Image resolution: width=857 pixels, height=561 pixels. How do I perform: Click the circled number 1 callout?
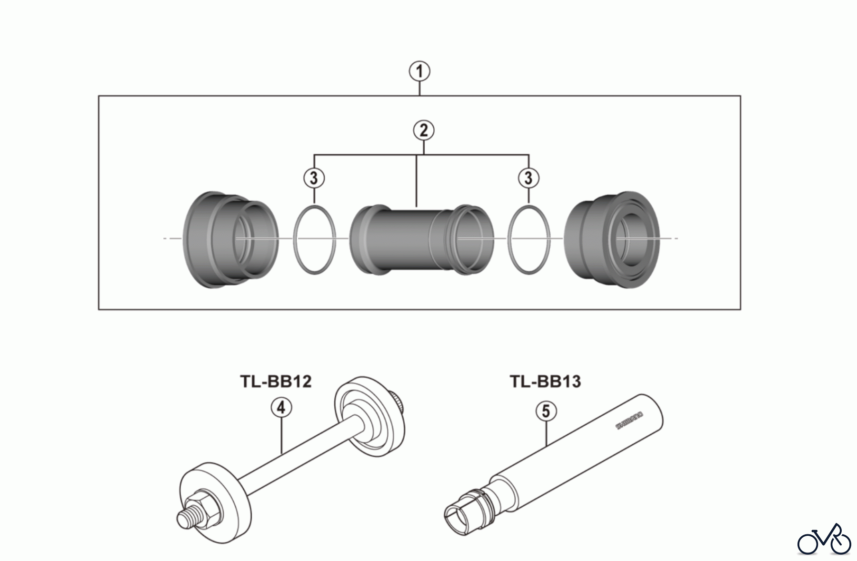click(x=419, y=72)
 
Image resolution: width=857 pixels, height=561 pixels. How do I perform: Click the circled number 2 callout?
click(x=424, y=130)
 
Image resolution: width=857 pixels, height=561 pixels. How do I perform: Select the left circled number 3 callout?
click(x=314, y=178)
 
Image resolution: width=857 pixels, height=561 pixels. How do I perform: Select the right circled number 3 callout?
click(x=528, y=178)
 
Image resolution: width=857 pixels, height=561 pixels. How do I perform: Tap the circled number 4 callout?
click(x=281, y=408)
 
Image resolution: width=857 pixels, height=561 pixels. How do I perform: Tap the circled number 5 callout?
click(x=546, y=411)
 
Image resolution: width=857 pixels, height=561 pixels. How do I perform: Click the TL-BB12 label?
click(x=276, y=381)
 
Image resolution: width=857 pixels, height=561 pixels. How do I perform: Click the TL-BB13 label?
click(x=545, y=381)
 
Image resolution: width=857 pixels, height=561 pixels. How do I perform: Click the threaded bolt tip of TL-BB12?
click(x=184, y=518)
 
